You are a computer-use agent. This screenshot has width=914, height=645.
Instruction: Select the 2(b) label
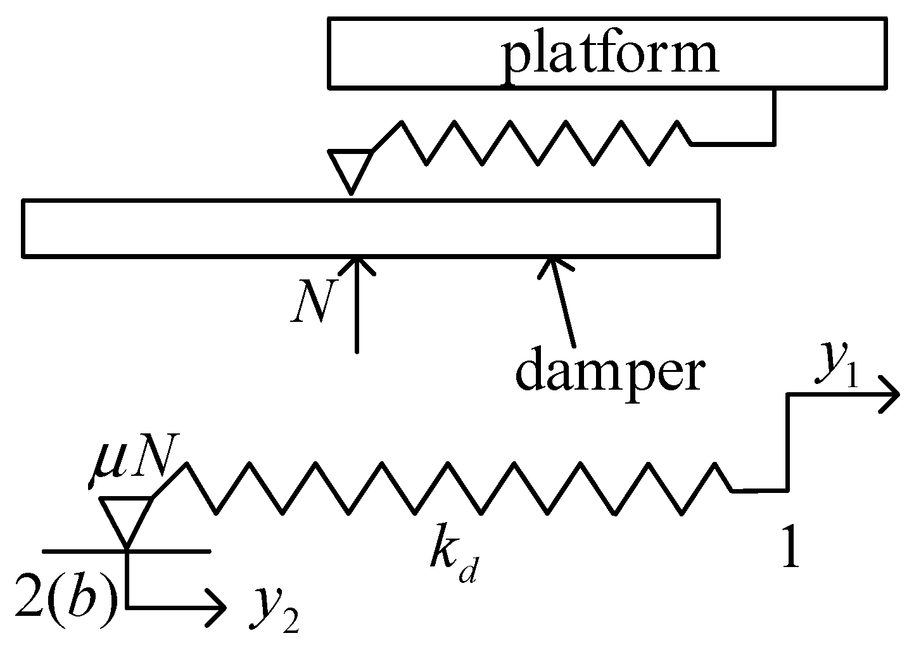[67, 594]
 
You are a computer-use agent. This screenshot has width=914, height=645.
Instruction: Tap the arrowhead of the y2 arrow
[217, 608]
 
